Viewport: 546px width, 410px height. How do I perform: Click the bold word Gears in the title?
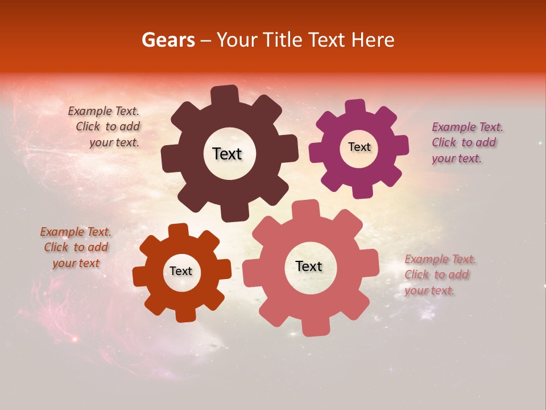point(168,40)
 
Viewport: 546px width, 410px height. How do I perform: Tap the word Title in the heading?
point(283,40)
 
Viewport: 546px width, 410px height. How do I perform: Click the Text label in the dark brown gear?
point(227,154)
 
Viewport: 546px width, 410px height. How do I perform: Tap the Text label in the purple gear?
point(359,147)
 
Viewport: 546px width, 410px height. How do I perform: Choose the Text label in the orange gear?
point(181,271)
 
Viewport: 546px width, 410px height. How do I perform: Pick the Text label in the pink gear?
point(309,266)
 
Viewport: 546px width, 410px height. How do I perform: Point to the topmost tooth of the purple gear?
point(355,108)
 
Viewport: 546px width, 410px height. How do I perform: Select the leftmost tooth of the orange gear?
point(140,276)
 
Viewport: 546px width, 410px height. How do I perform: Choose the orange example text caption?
point(76,247)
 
